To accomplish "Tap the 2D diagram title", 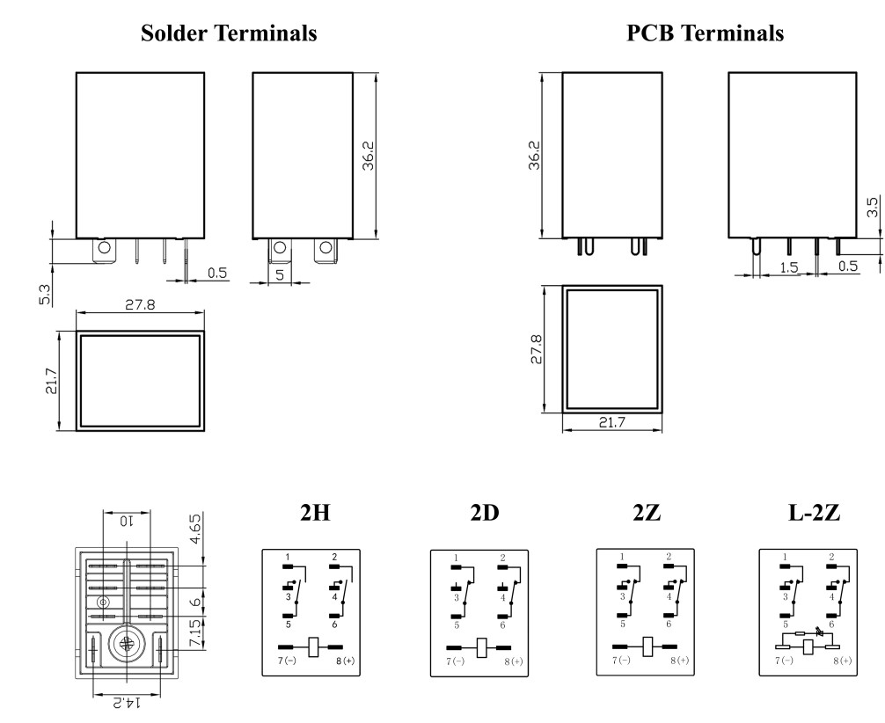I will pyautogui.click(x=485, y=514).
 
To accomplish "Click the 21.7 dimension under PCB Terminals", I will pyautogui.click(x=613, y=423).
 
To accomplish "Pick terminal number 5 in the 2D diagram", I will pyautogui.click(x=457, y=625).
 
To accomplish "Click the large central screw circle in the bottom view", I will pyautogui.click(x=127, y=645).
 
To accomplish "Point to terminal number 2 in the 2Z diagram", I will pyautogui.click(x=669, y=557).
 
